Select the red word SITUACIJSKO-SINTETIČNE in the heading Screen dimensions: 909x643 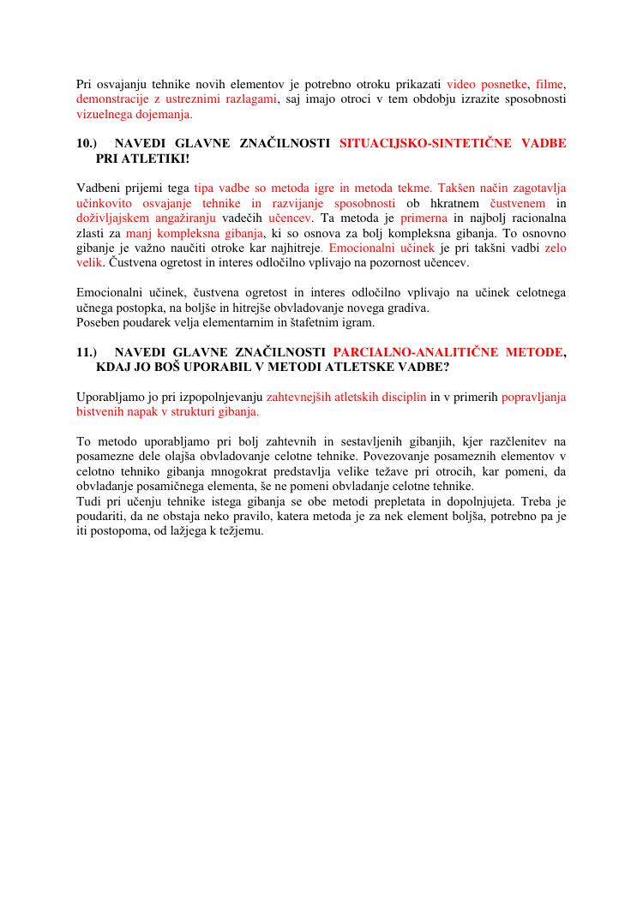pyautogui.click(x=425, y=143)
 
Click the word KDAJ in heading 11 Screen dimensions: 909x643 pyautogui.click(x=115, y=368)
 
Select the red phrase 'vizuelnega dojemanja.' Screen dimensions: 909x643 pyautogui.click(x=135, y=115)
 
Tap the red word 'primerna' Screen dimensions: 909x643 pyautogui.click(x=424, y=218)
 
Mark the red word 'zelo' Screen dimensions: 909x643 pyautogui.click(x=555, y=248)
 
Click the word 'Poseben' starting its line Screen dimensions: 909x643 pyautogui.click(x=98, y=322)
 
